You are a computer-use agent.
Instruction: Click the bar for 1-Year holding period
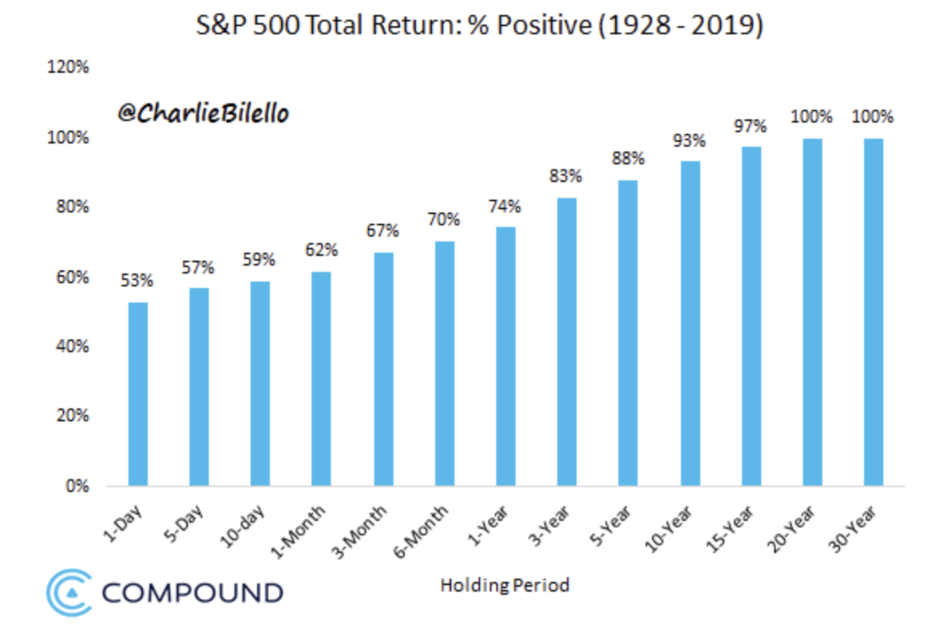[x=506, y=356]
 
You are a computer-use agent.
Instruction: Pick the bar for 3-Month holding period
[x=384, y=369]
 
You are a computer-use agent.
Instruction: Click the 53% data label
[x=136, y=280]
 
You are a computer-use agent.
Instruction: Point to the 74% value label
[x=505, y=207]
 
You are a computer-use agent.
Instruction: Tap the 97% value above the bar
[x=750, y=126]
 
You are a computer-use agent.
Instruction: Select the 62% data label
[x=322, y=250]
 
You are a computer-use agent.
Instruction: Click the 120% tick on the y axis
[x=68, y=67]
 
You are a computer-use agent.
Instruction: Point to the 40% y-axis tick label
[x=72, y=346]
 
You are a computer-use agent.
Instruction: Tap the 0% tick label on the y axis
[x=77, y=486]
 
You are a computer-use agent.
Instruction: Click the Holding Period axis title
[x=505, y=585]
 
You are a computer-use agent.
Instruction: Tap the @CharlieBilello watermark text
[x=203, y=114]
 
